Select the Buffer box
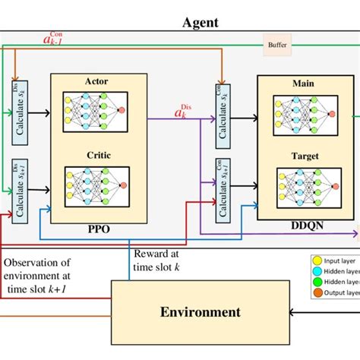click(277, 45)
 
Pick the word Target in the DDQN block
click(303, 156)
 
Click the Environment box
click(201, 311)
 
